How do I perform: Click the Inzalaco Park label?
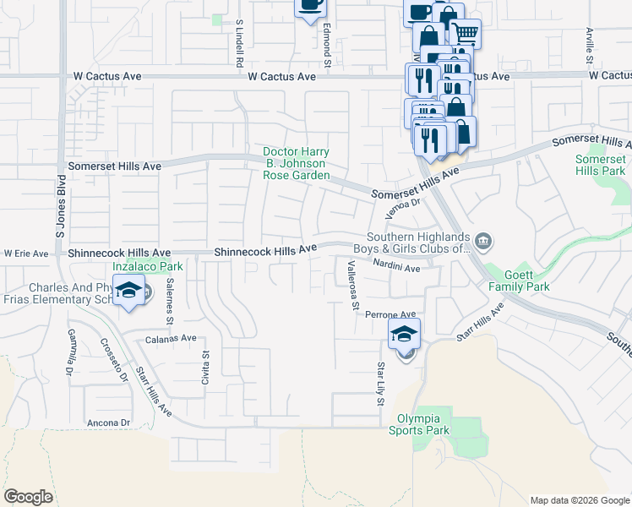click(136, 266)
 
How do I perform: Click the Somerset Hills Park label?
click(600, 165)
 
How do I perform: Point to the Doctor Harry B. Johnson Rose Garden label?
click(295, 163)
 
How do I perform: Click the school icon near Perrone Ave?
click(405, 334)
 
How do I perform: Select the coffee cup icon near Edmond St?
click(310, 4)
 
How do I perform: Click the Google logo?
click(28, 497)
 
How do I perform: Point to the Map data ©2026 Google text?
click(579, 500)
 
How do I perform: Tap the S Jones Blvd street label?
click(61, 199)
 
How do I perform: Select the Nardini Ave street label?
click(396, 269)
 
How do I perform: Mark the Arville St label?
click(589, 44)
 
